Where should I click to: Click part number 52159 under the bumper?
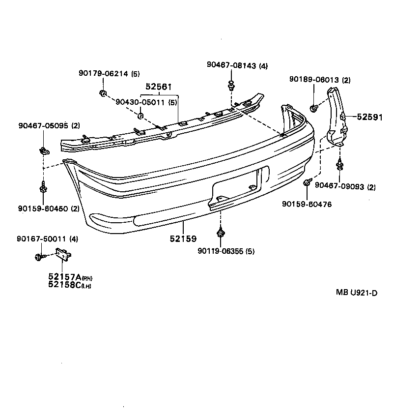point(183,239)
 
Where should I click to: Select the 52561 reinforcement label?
point(158,87)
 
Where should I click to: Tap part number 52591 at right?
point(370,117)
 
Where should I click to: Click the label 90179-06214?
point(103,74)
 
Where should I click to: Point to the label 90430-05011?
point(140,102)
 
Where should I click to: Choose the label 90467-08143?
point(231,65)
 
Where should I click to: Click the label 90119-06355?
point(220,251)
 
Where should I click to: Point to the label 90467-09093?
point(338,186)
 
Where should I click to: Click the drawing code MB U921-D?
point(356,293)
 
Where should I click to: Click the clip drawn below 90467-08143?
point(230,87)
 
